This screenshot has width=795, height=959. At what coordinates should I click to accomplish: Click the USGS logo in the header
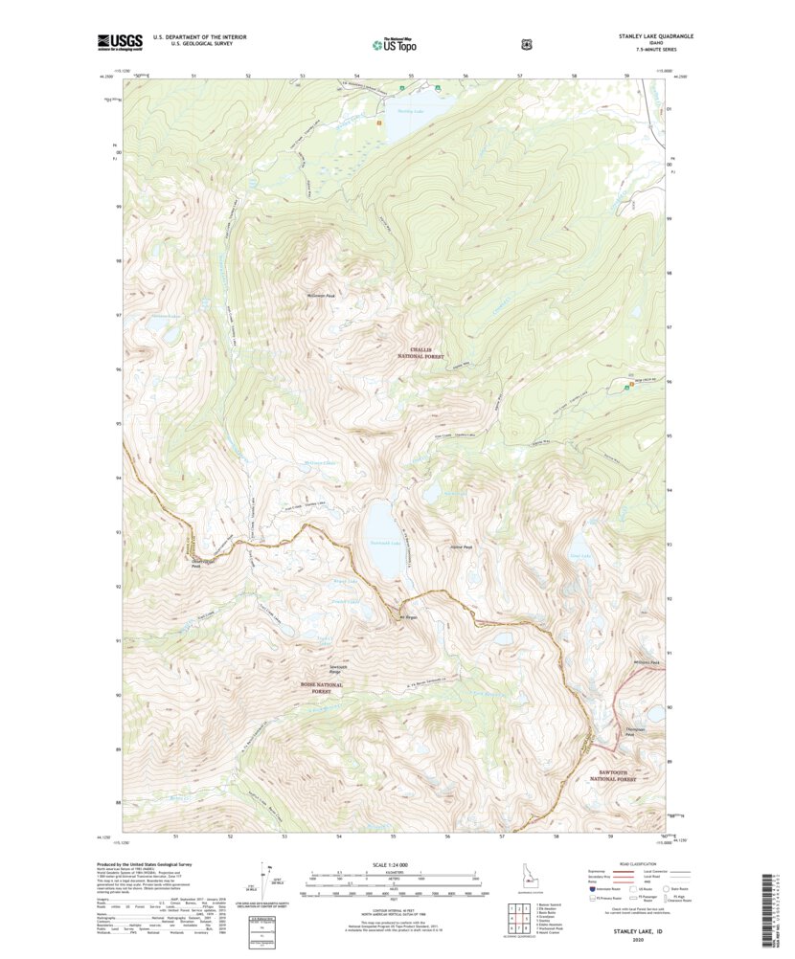tap(119, 42)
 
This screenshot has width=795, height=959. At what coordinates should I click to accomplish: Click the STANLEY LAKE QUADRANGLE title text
tap(655, 36)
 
